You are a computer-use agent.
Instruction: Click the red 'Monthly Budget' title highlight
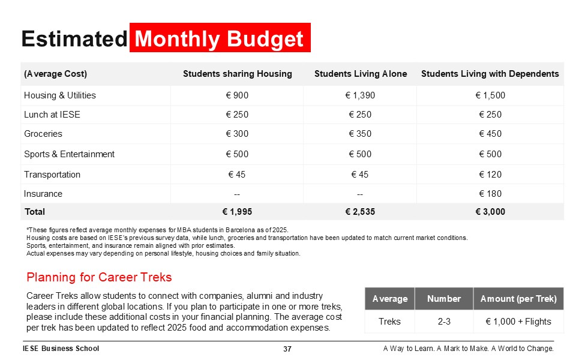point(220,38)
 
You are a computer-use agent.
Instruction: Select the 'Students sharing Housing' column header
point(237,74)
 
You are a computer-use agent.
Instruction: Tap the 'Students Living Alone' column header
point(360,74)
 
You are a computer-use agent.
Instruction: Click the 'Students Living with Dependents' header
point(490,74)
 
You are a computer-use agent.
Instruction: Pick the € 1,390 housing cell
point(360,95)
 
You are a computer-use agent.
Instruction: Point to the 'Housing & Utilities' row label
point(60,95)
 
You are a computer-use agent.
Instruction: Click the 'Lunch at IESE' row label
point(52,115)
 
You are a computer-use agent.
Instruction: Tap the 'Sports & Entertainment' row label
point(69,154)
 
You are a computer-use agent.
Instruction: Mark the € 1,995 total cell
point(237,212)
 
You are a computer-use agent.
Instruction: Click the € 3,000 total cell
point(490,212)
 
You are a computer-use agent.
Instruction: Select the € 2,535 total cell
point(360,212)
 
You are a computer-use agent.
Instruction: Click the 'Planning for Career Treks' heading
point(99,277)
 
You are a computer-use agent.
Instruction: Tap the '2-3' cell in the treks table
point(444,322)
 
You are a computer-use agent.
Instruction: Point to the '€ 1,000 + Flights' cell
point(518,322)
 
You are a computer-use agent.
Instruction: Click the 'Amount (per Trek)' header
point(518,299)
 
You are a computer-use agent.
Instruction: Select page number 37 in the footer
point(287,349)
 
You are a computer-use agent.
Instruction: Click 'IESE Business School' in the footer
point(61,349)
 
